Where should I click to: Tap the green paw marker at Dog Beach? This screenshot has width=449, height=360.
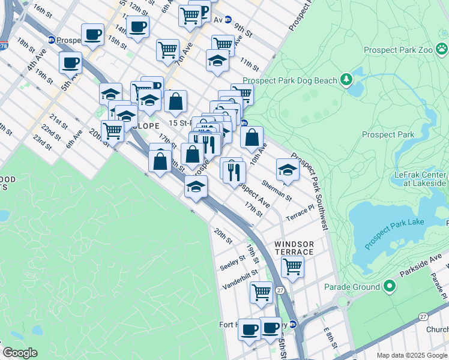[346, 79]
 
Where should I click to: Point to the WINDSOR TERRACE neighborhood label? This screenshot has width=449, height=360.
[294, 248]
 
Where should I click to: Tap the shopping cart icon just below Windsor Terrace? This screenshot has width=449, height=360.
[292, 265]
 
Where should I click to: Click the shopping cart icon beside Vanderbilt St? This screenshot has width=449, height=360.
[261, 292]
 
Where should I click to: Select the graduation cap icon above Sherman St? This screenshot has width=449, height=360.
[288, 170]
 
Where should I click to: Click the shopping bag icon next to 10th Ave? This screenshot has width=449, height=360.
[252, 137]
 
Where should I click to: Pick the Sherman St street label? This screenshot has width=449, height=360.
[277, 190]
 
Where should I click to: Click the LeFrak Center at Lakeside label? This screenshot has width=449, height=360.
[420, 178]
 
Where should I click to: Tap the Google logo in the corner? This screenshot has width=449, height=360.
[20, 352]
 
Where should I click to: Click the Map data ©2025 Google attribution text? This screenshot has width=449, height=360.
[412, 355]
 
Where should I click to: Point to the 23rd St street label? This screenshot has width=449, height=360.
[41, 142]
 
